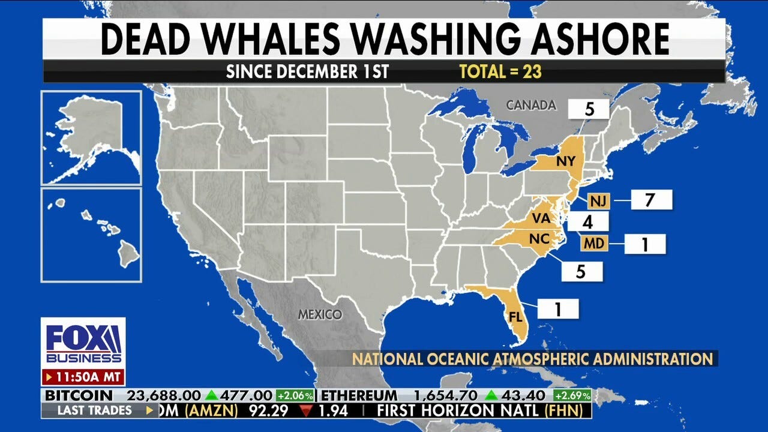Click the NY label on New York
coord(565,161)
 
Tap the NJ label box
coord(598,200)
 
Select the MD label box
coord(595,243)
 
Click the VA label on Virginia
coord(541,219)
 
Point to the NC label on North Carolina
coord(539,239)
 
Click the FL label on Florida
coord(515,317)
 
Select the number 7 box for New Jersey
coord(650,200)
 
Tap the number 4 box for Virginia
coord(587,222)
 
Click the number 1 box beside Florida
coord(557,309)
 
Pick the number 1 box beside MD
coord(645,244)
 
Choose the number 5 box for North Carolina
coord(581,271)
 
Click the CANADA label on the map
coord(531,105)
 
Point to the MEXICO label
coord(321,314)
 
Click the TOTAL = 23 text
coord(500,72)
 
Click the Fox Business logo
coord(83,343)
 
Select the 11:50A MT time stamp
coord(83,378)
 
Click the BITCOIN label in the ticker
coord(79,396)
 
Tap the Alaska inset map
coord(91,137)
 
